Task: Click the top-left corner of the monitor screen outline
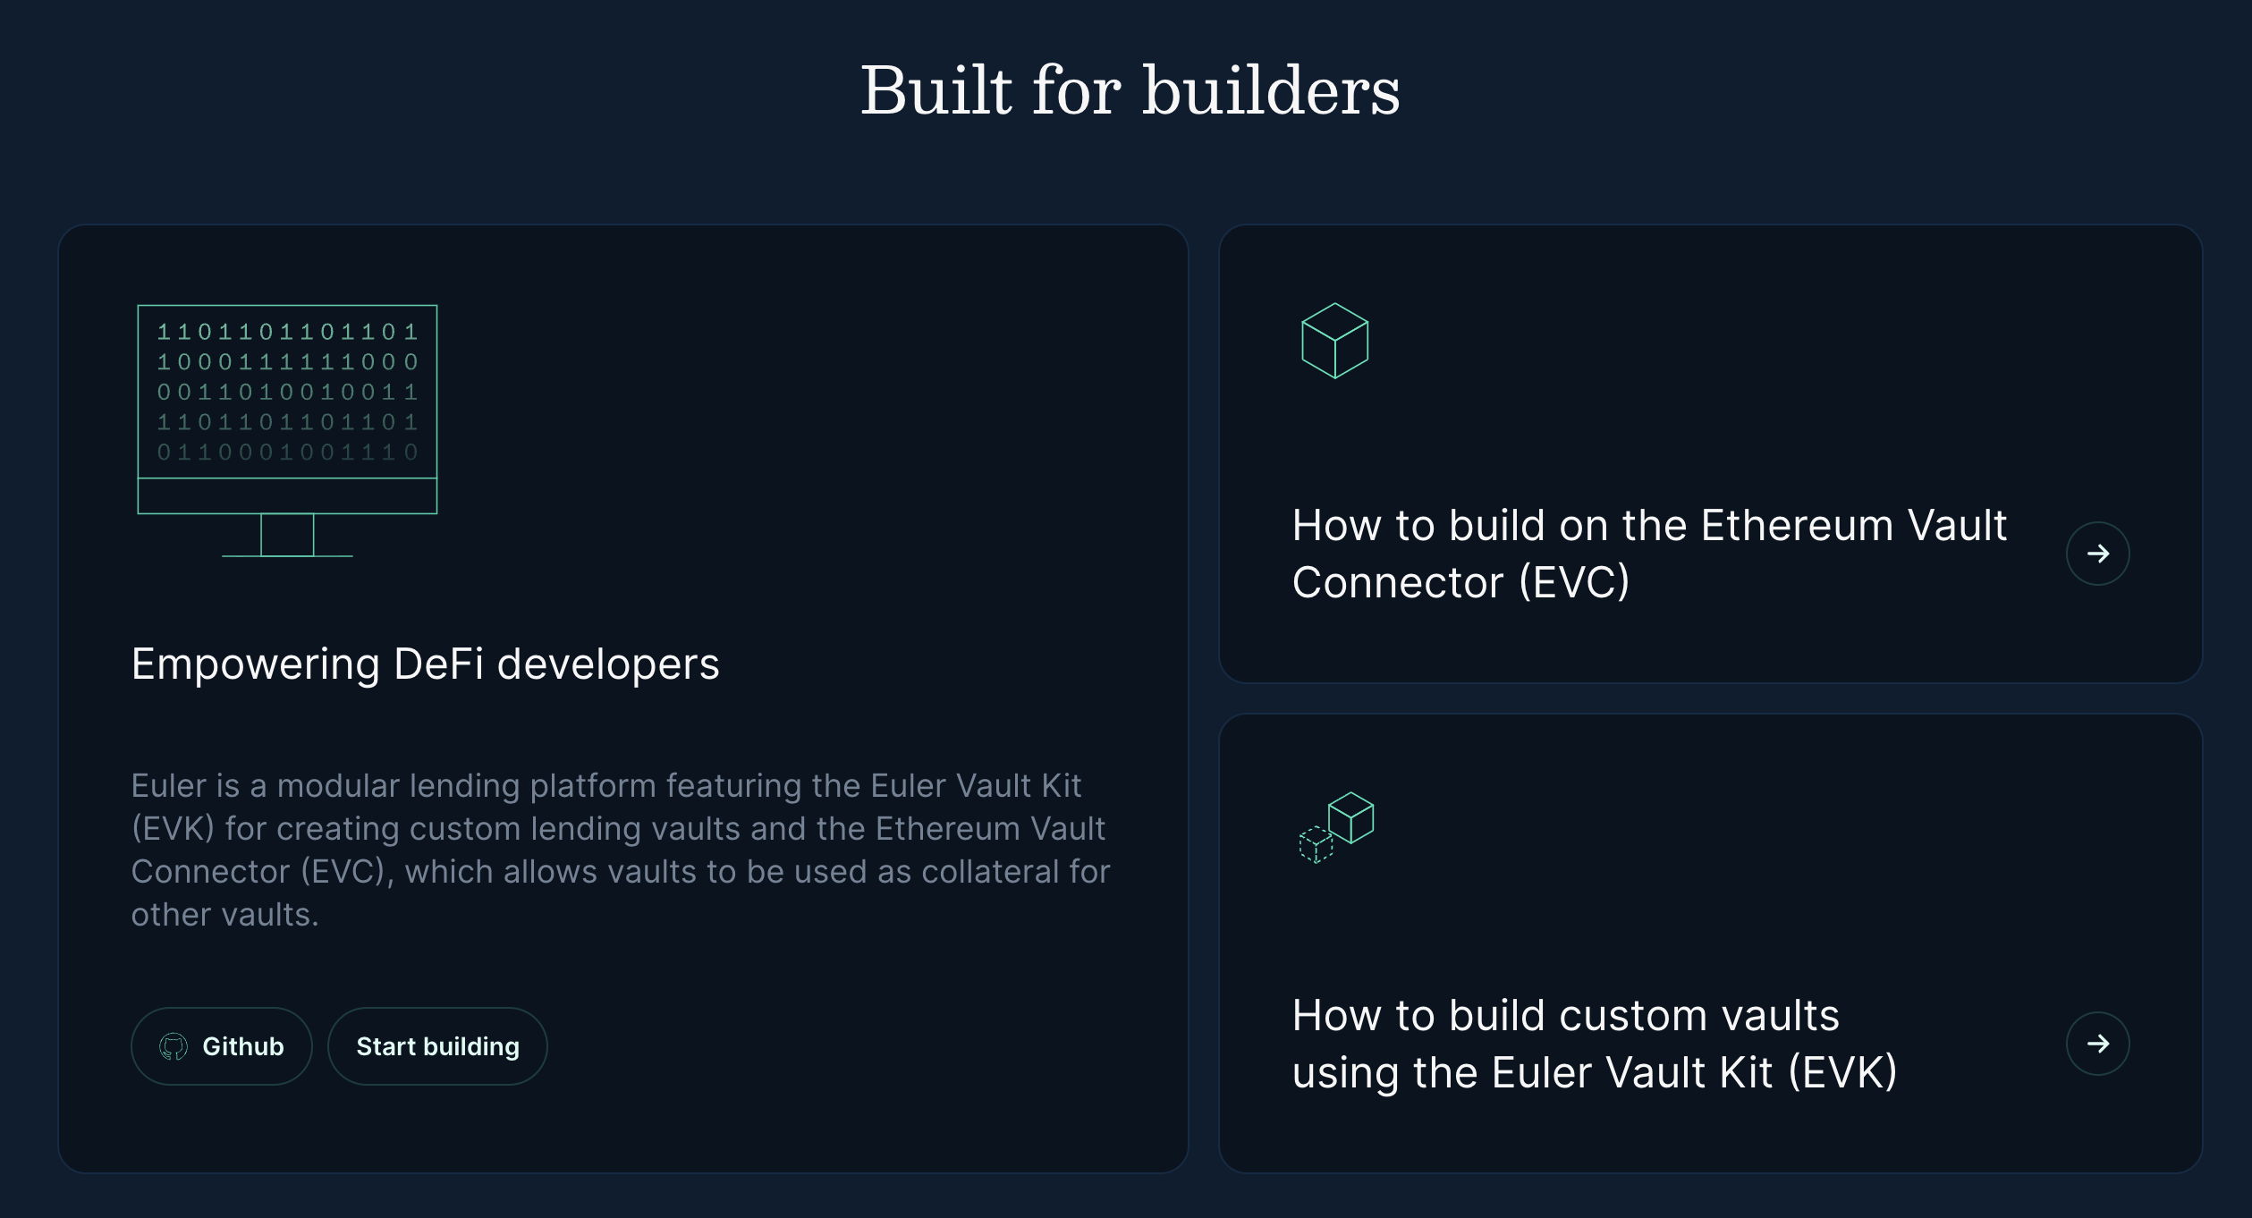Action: pos(138,306)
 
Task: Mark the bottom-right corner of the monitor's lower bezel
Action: pos(436,513)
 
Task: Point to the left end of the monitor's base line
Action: pos(223,556)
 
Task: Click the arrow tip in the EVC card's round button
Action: pos(2110,554)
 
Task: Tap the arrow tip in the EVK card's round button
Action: pos(2110,1044)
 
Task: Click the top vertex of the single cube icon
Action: pos(1335,303)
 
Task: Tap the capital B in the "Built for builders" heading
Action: pos(892,90)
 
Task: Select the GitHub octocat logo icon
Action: pos(174,1046)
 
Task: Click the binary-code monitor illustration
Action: pos(287,430)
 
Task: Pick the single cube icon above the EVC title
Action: pos(1335,341)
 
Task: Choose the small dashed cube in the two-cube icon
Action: pos(1316,845)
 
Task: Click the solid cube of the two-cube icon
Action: pos(1351,817)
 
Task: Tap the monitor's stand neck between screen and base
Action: pos(287,535)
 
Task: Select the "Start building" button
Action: pos(437,1046)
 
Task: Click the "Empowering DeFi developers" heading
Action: pos(426,664)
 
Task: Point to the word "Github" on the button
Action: pos(243,1046)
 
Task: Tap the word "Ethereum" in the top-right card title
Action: pos(1798,526)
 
